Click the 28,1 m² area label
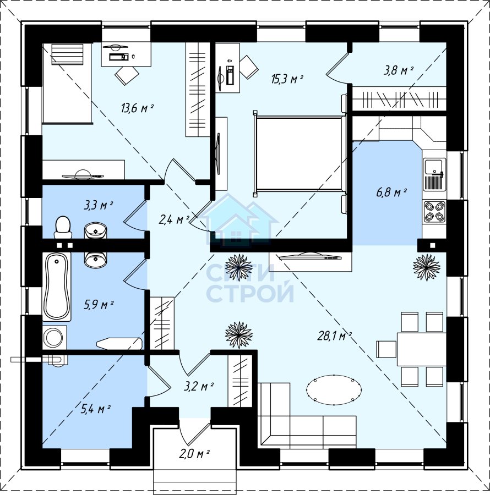coord(334,336)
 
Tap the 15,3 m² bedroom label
coord(287,79)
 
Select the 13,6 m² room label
coord(137,108)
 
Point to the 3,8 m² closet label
coord(399,70)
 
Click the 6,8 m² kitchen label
coord(391,193)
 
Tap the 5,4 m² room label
coord(95,409)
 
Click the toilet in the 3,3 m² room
coord(63,227)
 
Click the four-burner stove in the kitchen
coord(434,211)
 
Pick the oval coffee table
coord(334,389)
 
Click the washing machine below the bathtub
coord(55,338)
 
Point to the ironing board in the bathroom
coord(119,344)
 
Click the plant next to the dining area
coord(427,267)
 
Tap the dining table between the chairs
coord(421,349)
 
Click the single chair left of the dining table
coord(386,349)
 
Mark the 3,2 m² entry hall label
coord(199,386)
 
